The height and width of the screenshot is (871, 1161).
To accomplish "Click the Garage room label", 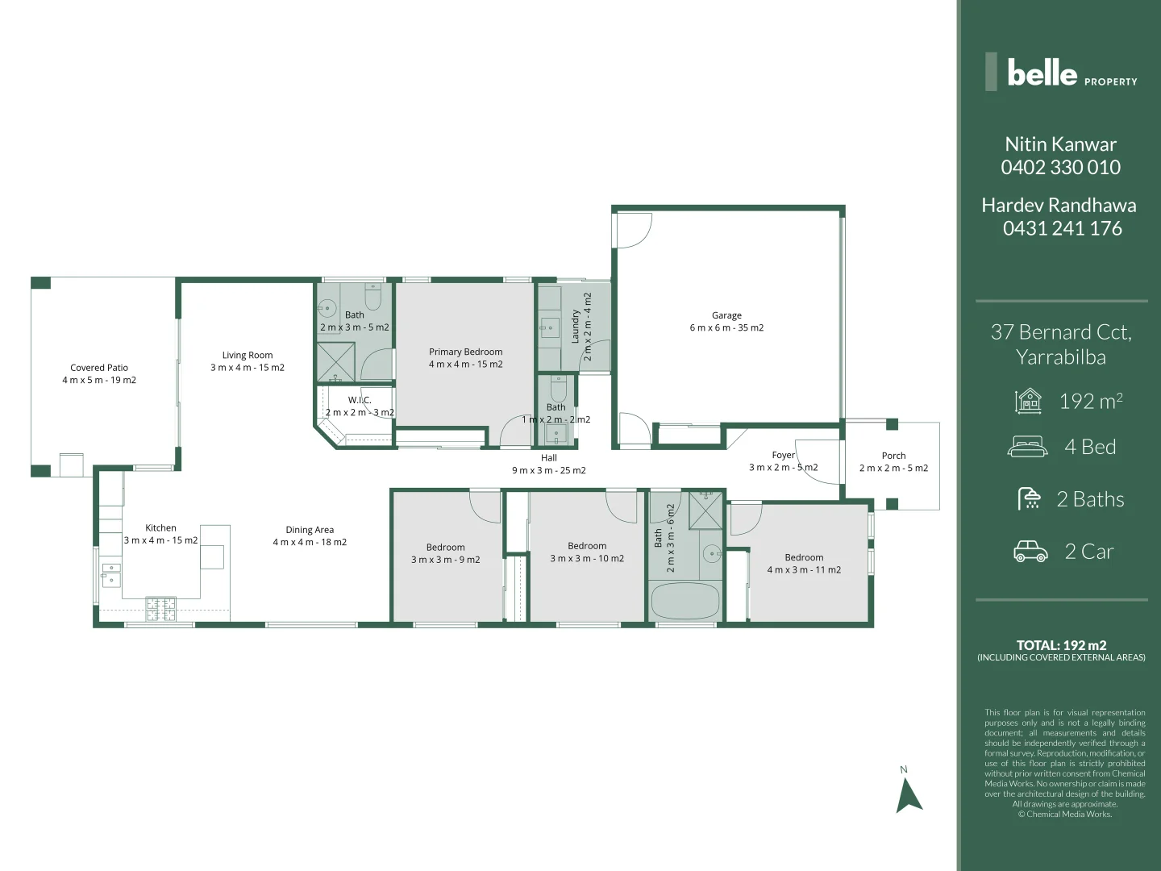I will coord(726,316).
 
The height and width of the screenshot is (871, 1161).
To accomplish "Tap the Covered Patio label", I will coord(99,368).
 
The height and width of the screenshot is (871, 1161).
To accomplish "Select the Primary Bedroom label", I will coord(465,352).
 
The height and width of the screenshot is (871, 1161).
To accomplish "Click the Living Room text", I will coord(248,355).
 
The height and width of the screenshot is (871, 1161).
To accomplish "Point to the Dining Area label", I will coord(310,530).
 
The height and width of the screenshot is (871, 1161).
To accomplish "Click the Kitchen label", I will coord(160,528).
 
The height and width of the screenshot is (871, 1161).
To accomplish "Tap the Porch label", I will coord(893,456).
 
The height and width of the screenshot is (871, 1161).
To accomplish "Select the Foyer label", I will coord(783,455).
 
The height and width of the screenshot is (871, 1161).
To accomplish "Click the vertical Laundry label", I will coord(576,326).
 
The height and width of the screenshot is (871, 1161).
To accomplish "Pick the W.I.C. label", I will coord(360,400).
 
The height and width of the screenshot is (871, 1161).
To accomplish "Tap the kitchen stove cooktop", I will coord(160,608).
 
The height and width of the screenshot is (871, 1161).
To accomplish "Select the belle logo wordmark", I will coord(1042,73).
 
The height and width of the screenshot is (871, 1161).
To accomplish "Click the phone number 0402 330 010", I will coord(1060,167).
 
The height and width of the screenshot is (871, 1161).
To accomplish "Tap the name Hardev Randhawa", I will coord(1059,205).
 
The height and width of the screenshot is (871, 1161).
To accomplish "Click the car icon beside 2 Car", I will coord(1030,552).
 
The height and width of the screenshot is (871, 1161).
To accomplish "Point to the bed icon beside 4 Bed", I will coord(1028,446).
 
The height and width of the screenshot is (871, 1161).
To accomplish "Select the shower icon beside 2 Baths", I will coord(1029,498).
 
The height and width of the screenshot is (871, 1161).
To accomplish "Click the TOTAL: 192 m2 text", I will coord(1061,644).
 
